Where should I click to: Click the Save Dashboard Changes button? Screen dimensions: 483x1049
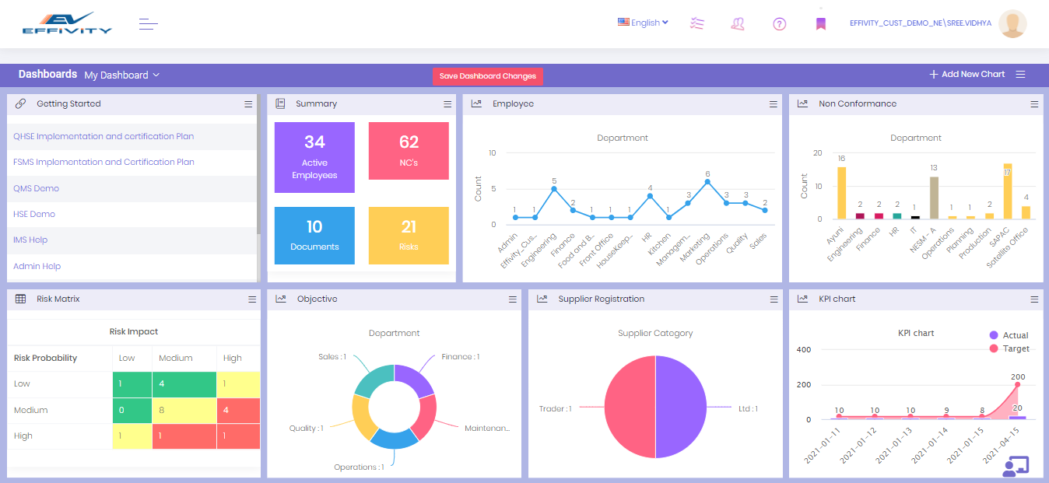coord(487,76)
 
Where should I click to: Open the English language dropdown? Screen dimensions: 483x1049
coord(643,23)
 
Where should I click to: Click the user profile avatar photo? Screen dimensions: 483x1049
coord(1012,23)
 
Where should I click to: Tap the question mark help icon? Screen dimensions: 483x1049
coord(779,24)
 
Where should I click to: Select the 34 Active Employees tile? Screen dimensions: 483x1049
coord(314,157)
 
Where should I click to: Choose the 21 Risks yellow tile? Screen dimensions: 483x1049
coord(409,235)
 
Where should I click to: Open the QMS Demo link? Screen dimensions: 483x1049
coord(36,188)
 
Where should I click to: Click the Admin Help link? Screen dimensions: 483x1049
coord(37,266)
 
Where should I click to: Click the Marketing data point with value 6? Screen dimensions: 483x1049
coord(707,182)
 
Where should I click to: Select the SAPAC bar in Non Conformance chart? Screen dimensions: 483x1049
coord(1008,191)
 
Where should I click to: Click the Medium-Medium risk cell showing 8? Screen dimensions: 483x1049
coord(184,410)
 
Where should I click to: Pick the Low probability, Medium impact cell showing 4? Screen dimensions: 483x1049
coord(184,384)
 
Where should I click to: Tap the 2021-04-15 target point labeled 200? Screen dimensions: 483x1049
coord(1017,385)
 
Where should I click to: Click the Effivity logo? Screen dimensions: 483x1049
coord(67,23)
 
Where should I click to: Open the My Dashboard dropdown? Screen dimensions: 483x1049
coord(121,75)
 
